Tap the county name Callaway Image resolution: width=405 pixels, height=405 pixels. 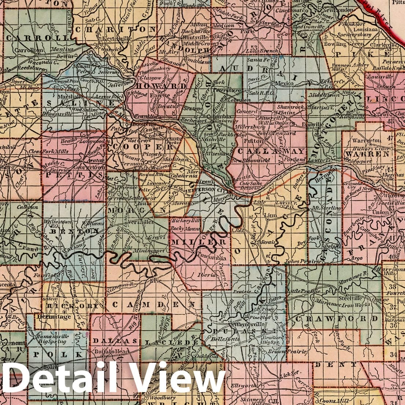tap(271, 151)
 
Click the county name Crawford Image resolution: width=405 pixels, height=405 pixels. tap(336, 318)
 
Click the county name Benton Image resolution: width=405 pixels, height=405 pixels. tap(74, 231)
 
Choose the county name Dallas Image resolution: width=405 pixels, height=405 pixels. tap(110, 340)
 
